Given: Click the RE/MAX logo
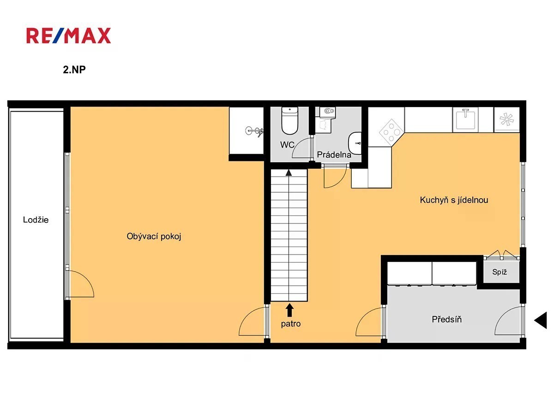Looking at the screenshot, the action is (x=68, y=36).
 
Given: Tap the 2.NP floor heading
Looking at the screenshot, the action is (x=74, y=70).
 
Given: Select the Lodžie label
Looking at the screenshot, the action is (x=36, y=220).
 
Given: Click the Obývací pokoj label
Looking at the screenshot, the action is (x=154, y=237).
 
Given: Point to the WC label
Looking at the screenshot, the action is (x=287, y=145).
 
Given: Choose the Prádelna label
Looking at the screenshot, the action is (x=334, y=154).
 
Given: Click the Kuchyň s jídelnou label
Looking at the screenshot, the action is (x=454, y=200).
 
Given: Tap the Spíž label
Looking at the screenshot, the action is (x=500, y=272).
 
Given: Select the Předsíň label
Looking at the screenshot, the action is (x=447, y=319).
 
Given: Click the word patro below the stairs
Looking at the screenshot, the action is (x=291, y=324).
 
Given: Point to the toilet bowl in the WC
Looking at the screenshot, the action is (x=290, y=120).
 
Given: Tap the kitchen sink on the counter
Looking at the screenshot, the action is (x=465, y=119).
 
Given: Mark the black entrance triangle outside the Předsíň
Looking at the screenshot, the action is (x=541, y=320).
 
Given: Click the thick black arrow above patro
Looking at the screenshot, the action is (x=289, y=310).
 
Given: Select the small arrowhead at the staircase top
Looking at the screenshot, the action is (x=289, y=172).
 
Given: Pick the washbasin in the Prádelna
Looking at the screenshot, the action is (x=355, y=143).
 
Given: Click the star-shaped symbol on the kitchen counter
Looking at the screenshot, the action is (x=506, y=119).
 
